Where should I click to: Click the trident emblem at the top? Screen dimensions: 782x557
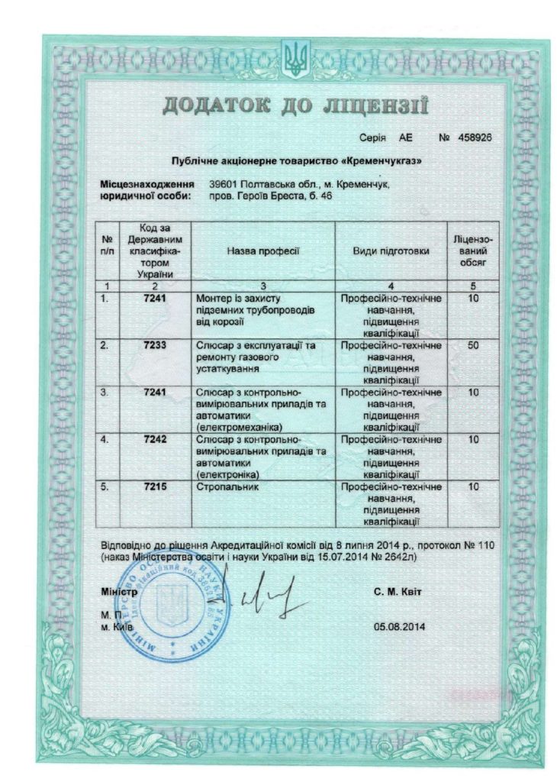click(x=292, y=58)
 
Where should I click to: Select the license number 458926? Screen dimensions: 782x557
click(x=475, y=139)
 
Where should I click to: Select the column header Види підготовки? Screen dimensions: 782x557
click(x=391, y=250)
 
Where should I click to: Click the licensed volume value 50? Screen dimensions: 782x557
click(x=474, y=345)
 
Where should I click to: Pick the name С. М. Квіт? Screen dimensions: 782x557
click(x=398, y=592)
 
